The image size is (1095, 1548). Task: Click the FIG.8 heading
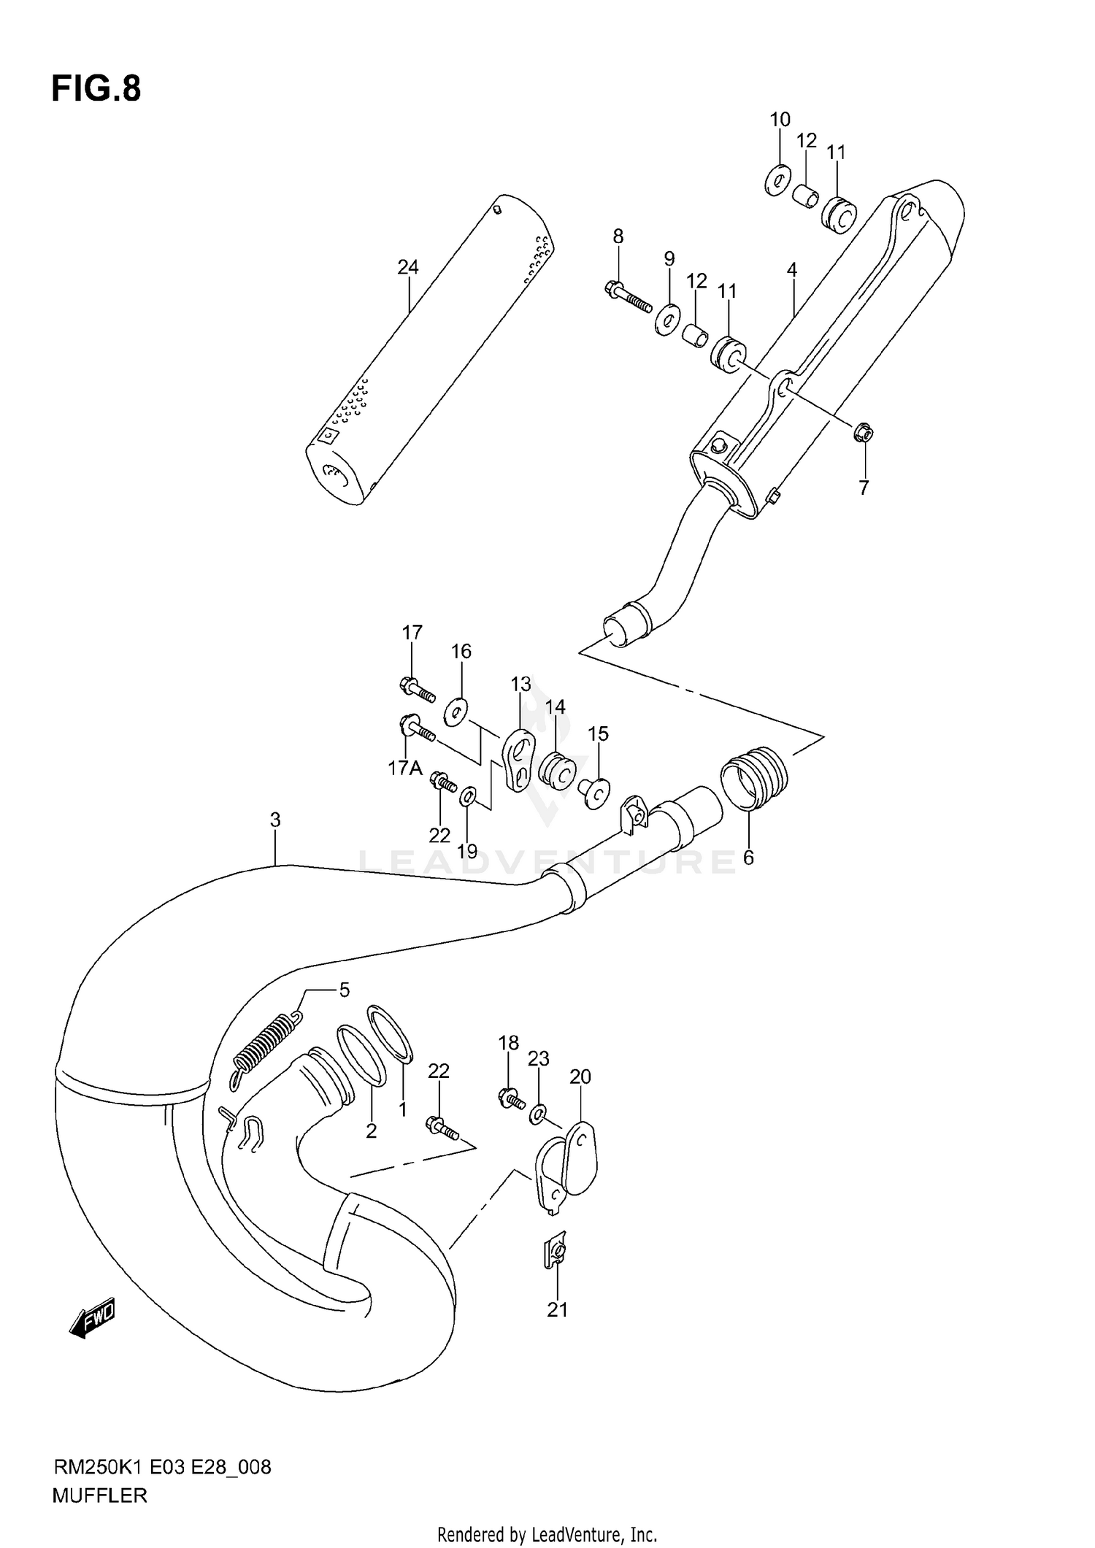click(96, 89)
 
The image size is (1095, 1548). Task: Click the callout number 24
click(407, 267)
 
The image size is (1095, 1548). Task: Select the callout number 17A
click(405, 768)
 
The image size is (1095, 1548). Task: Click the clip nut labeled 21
click(556, 1254)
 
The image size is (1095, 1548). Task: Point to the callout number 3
click(274, 820)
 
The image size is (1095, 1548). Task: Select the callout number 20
click(580, 1077)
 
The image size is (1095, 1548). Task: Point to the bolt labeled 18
click(510, 1097)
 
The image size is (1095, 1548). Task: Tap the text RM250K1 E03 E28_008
click(161, 1467)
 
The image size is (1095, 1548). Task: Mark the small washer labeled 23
click(539, 1114)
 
